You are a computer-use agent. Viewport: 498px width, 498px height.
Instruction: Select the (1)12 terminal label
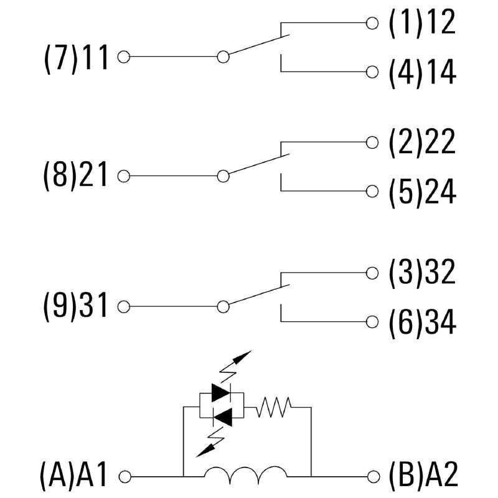(x=422, y=23)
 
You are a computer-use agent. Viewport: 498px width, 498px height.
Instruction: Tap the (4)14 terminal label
(x=422, y=72)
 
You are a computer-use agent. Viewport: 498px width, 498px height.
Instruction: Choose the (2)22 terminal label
(x=422, y=143)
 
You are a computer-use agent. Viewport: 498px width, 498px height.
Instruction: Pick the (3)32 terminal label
(x=422, y=273)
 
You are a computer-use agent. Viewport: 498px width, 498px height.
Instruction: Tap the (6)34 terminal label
(x=422, y=322)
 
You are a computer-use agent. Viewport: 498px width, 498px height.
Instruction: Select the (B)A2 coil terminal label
(x=423, y=477)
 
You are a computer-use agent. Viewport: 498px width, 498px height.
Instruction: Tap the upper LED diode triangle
(x=221, y=392)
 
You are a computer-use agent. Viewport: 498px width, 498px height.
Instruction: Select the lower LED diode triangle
(x=221, y=413)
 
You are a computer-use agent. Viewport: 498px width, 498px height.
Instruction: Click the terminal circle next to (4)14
(x=372, y=72)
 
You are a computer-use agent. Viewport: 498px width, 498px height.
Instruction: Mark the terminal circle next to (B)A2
(x=372, y=477)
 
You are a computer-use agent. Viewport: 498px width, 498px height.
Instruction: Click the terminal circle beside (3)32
(x=372, y=273)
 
